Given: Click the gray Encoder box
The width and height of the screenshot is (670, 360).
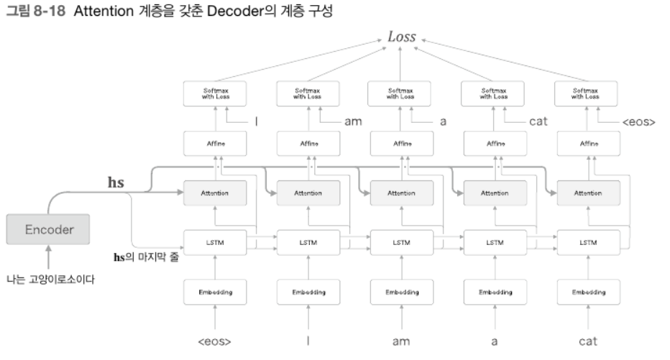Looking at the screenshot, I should point(49,230).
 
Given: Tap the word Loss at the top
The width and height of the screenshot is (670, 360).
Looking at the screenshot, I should point(401,37).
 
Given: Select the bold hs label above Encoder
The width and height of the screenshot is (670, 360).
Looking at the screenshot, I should point(116,183).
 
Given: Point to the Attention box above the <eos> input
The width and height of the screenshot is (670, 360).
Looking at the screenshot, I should point(214,193).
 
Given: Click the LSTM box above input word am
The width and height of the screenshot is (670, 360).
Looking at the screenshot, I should point(401,242).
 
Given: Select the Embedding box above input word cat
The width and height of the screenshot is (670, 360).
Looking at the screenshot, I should point(587,292).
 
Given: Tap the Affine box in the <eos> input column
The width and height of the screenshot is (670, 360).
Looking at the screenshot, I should point(214,144).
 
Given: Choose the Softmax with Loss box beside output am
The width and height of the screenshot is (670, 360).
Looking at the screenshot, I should point(308,94).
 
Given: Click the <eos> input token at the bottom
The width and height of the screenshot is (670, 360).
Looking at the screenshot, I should point(214,341).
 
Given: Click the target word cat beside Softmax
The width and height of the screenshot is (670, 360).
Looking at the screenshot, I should point(538,121).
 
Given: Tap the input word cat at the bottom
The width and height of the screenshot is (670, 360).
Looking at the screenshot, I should point(587,341).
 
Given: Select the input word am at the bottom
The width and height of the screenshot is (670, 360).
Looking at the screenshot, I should point(401,341).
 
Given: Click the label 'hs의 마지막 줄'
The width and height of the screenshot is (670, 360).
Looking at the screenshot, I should point(147,257).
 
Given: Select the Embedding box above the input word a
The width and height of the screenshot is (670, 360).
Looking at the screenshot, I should point(495,292).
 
